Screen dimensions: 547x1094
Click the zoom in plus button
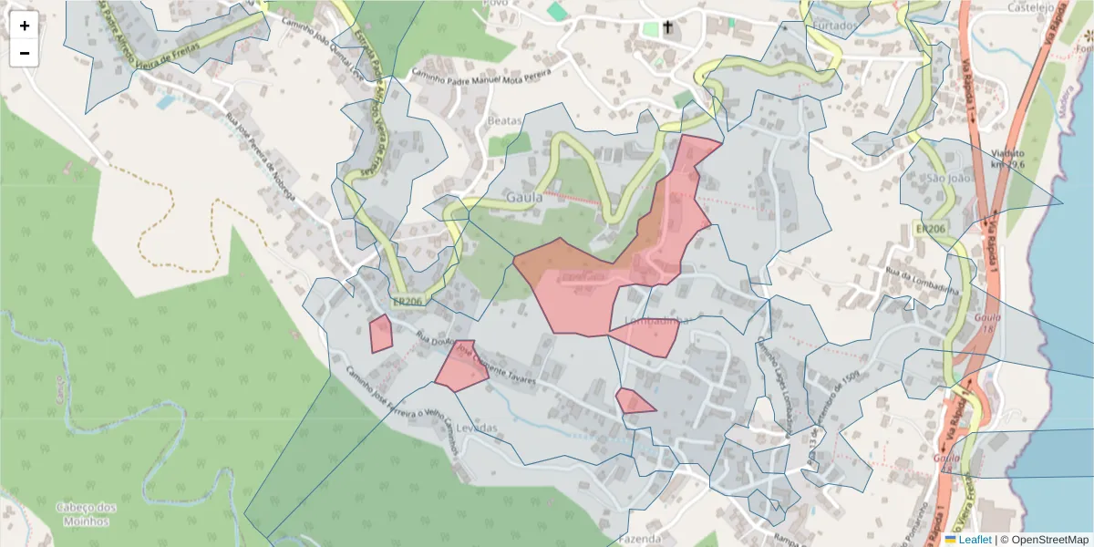25,26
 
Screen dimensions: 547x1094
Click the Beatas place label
505,121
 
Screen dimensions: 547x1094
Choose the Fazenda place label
640,539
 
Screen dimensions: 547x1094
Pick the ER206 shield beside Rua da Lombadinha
930,229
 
